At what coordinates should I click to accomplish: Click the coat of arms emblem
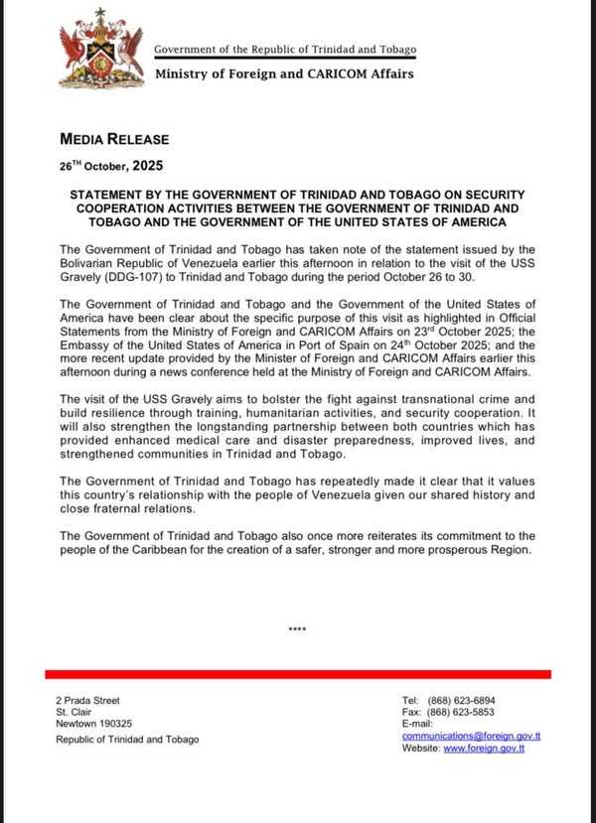click(x=99, y=47)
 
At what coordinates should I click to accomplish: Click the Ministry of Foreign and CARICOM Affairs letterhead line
click(x=284, y=73)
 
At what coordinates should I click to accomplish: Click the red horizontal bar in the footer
click(x=298, y=674)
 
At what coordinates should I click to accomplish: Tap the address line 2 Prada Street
click(x=88, y=700)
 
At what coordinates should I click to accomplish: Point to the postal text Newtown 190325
click(x=94, y=724)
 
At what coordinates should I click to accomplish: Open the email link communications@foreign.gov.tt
click(x=471, y=736)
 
